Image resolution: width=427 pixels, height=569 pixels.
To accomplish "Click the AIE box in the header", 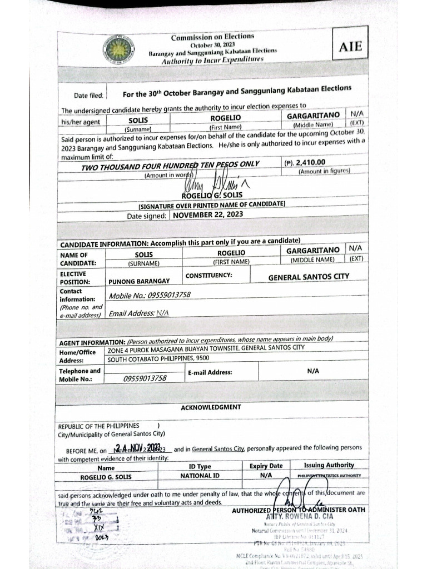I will (350, 47).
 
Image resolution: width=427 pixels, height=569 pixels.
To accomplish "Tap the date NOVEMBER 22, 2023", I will (208, 214).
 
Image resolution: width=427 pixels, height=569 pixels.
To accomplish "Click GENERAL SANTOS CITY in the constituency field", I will (309, 277).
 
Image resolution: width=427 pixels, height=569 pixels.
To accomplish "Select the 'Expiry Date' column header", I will (266, 466).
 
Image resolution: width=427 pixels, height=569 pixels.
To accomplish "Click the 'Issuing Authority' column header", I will (329, 465).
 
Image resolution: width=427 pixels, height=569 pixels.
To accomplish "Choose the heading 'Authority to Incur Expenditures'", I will (212, 59).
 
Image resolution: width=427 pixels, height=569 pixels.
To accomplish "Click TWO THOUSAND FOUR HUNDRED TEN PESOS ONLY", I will (171, 166).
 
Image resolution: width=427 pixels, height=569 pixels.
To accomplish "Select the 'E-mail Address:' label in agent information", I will (210, 372).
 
